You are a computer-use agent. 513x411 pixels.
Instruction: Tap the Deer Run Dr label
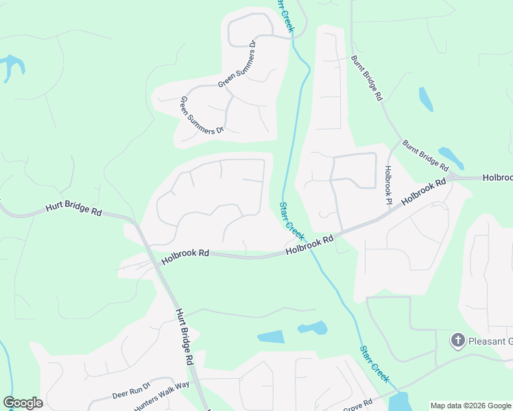coord(131,391)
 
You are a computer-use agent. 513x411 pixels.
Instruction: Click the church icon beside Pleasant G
coord(457,340)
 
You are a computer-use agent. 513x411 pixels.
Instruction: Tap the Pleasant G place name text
coord(490,340)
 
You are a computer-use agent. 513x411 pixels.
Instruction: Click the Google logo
coord(23,403)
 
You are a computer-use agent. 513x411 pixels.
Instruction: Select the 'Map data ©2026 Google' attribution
coord(470,406)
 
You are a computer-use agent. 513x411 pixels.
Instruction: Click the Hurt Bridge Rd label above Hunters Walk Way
coord(182,336)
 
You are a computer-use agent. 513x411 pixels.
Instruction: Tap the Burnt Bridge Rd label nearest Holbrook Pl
coord(425,155)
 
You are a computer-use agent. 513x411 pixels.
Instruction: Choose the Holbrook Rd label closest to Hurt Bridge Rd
coord(185,257)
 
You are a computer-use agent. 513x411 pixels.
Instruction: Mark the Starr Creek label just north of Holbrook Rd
coord(291,220)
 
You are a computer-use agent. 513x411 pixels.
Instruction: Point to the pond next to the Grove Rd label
coord(398,401)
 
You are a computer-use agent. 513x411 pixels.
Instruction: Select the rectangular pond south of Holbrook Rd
coord(270,336)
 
